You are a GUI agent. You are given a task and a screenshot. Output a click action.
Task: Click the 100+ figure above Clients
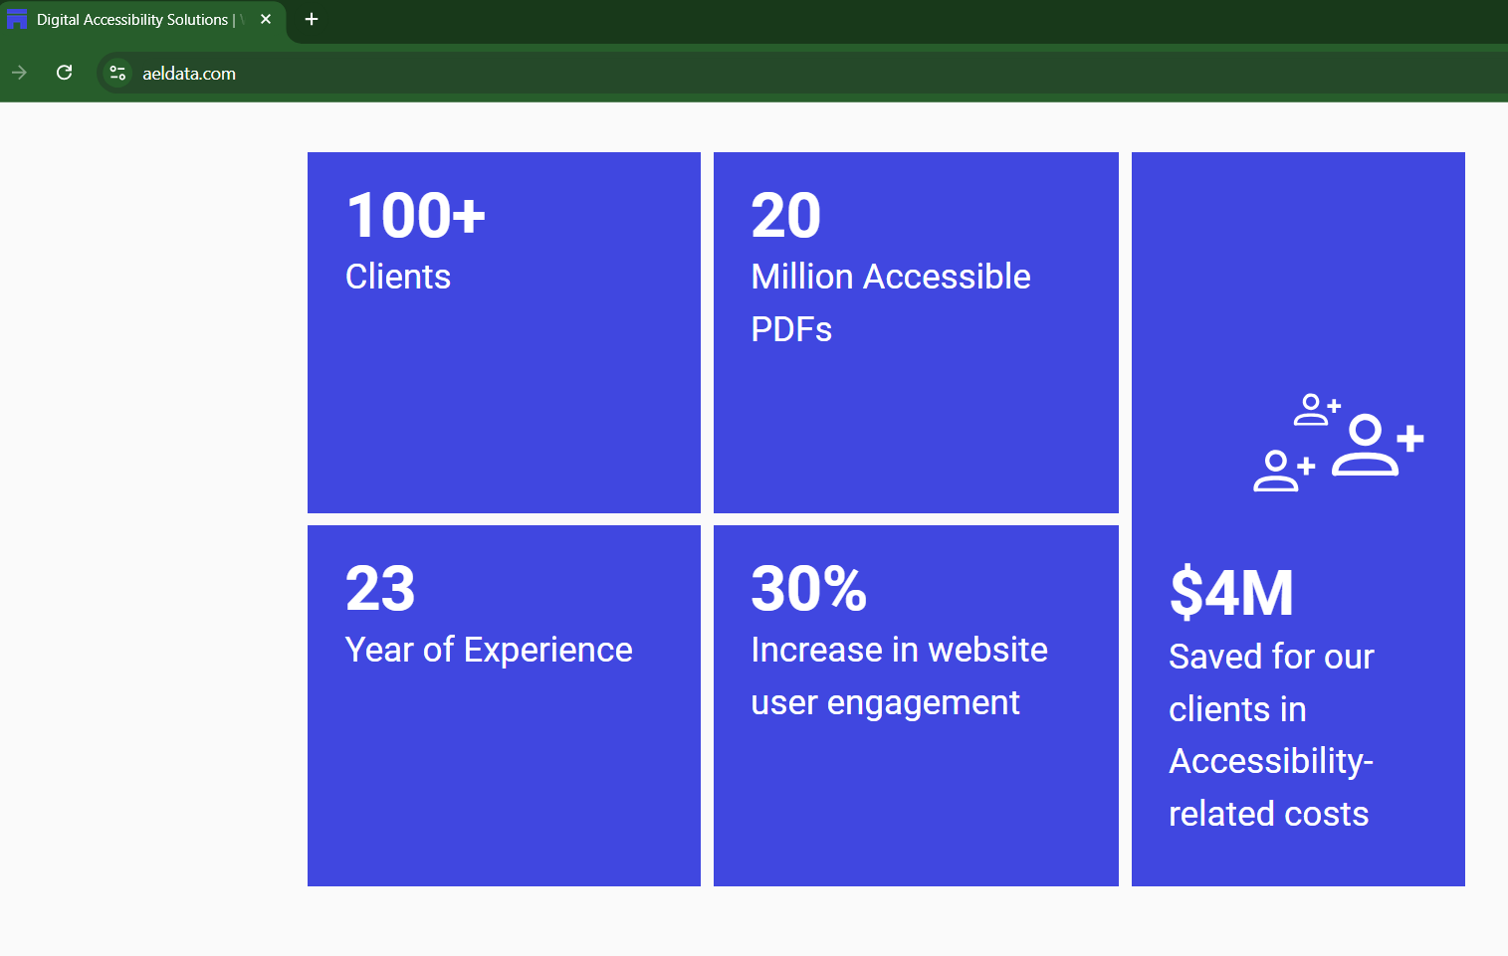415,215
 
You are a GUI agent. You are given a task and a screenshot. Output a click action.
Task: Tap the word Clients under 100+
398,277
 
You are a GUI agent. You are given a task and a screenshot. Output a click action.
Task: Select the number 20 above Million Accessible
785,215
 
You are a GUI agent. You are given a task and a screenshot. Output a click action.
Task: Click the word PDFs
791,329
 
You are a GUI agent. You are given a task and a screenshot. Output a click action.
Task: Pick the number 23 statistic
379,588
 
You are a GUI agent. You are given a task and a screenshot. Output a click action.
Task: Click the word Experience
548,650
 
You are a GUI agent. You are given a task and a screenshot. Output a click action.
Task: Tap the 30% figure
808,588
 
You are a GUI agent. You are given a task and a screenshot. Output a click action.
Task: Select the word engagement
923,703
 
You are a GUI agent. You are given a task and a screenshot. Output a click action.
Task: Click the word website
987,650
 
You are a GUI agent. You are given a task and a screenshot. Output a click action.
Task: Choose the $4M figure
1230,593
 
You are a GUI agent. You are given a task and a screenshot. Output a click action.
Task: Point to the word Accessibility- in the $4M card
1270,762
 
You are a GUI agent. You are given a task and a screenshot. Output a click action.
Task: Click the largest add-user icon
1378,446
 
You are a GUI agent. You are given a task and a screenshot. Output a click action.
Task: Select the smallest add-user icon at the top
1317,410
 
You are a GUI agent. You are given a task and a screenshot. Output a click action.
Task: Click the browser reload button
64,73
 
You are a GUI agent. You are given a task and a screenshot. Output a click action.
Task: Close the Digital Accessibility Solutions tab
265,20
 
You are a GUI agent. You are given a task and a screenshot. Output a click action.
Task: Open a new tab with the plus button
311,20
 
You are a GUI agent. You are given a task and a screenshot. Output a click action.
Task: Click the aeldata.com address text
189,74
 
